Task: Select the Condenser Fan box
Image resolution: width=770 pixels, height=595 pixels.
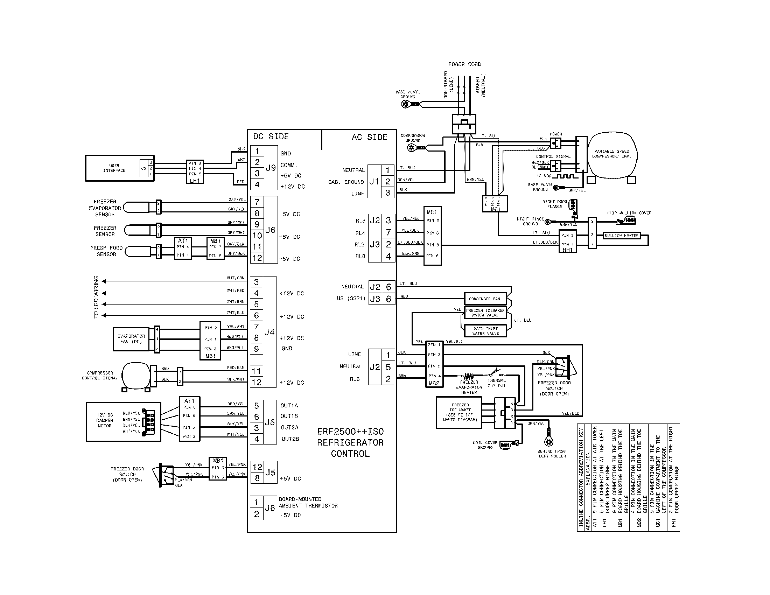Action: (x=485, y=299)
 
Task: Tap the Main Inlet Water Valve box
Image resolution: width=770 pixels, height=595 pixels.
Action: (x=485, y=331)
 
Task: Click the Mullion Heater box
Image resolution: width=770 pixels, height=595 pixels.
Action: (x=622, y=236)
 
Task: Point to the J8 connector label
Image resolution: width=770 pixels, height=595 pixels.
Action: (x=270, y=508)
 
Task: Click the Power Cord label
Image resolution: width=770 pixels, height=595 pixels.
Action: (x=464, y=64)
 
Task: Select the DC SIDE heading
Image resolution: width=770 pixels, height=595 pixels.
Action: (x=271, y=137)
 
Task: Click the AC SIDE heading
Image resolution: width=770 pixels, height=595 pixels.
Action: (x=369, y=138)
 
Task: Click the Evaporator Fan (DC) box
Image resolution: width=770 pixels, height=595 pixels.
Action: (x=131, y=339)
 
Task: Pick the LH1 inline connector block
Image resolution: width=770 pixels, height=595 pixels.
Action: (x=195, y=171)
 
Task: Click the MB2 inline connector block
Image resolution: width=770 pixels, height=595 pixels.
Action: (x=434, y=364)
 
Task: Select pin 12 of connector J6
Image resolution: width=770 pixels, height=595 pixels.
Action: (x=257, y=258)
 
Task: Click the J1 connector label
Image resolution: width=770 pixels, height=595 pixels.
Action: (x=374, y=182)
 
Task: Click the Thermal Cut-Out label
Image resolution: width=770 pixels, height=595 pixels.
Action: (x=496, y=383)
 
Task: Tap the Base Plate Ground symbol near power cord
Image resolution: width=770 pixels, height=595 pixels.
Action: (x=406, y=104)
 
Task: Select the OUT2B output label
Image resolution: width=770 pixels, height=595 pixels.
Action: (x=290, y=439)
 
